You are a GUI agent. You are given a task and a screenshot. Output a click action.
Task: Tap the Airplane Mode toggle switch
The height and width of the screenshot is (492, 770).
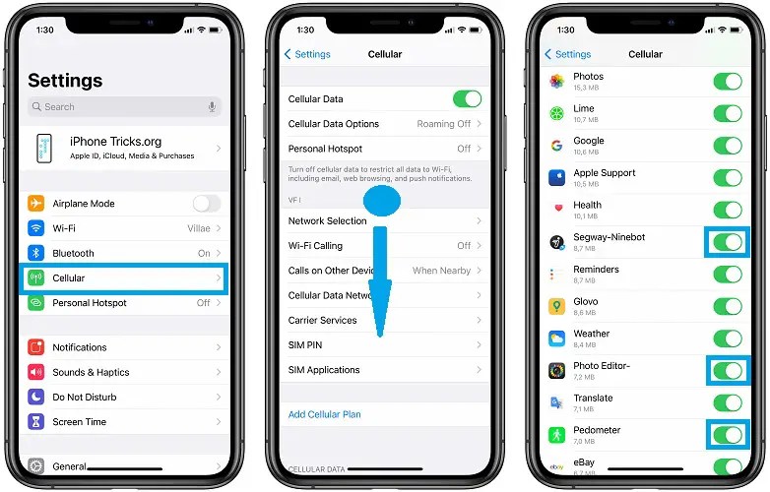tap(206, 204)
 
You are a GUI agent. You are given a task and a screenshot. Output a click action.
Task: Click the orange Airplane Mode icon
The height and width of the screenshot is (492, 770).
tap(36, 204)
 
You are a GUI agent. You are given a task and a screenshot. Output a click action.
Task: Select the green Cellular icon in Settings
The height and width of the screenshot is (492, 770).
tap(36, 278)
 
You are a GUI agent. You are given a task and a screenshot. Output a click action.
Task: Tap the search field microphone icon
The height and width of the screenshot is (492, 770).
tap(212, 106)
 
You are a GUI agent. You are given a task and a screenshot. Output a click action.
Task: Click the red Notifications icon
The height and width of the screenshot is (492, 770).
tap(36, 347)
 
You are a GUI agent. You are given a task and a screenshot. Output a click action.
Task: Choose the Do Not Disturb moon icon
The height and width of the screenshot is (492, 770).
tap(36, 397)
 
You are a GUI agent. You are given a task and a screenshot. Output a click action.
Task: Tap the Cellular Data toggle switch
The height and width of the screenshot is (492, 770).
tap(467, 98)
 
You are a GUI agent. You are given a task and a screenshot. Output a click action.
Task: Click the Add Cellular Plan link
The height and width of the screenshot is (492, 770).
tap(324, 414)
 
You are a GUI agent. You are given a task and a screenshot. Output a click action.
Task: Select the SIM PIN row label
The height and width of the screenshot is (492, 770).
tap(305, 345)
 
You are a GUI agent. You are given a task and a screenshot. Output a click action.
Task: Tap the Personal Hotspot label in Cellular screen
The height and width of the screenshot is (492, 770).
tap(325, 149)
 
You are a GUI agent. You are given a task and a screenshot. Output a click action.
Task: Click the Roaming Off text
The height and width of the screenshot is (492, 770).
tap(443, 124)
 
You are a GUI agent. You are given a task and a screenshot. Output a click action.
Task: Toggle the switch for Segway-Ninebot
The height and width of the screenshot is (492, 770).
tap(728, 242)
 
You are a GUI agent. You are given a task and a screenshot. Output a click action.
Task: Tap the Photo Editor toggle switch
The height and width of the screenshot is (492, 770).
tap(728, 371)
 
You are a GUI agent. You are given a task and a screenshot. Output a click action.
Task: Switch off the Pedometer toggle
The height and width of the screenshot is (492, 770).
tap(728, 435)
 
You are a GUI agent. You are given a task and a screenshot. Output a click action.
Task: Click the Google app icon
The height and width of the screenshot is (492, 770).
tap(556, 146)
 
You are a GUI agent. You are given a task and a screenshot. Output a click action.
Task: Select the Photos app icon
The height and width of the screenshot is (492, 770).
tap(556, 81)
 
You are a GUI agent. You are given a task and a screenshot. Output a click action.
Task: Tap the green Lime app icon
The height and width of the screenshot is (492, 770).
tap(556, 113)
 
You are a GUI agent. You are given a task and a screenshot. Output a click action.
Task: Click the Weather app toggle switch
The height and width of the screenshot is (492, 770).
tap(728, 338)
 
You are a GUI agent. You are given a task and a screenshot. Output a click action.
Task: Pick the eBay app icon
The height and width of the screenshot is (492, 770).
tap(556, 465)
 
